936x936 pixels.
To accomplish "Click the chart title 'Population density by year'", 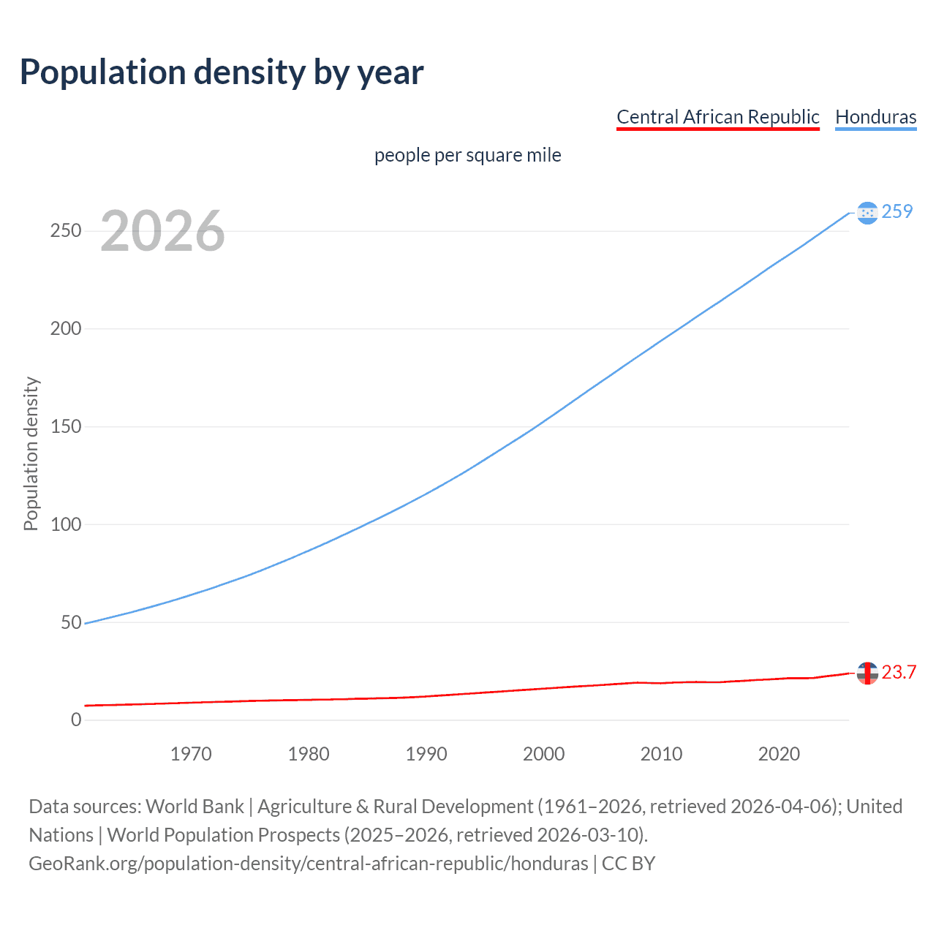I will tap(222, 72).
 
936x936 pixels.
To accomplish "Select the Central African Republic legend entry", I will tap(717, 117).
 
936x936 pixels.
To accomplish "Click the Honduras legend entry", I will tap(875, 117).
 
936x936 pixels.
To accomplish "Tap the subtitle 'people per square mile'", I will tap(467, 156).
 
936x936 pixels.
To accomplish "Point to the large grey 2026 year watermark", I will tap(162, 231).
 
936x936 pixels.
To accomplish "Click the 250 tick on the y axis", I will tap(66, 231).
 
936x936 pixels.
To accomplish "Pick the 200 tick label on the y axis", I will tap(66, 328).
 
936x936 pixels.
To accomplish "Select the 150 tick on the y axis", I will tap(66, 426).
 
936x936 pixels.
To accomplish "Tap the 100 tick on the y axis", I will tap(66, 524).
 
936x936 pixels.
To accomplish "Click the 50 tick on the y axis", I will tap(71, 622).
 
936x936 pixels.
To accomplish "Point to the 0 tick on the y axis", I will tap(76, 720).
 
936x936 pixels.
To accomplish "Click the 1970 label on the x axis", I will tap(191, 754).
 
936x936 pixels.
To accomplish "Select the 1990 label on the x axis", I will tap(426, 754).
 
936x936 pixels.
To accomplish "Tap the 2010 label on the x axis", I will tap(661, 754).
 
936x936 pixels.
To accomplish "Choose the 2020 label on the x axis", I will tap(779, 754).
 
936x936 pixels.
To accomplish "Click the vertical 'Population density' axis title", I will tap(31, 453).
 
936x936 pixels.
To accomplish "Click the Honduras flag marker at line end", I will tap(867, 213).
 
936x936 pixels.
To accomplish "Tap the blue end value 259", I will tap(897, 211).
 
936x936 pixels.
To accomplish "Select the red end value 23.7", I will tap(899, 673).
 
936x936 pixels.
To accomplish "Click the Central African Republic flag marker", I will tap(867, 673).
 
